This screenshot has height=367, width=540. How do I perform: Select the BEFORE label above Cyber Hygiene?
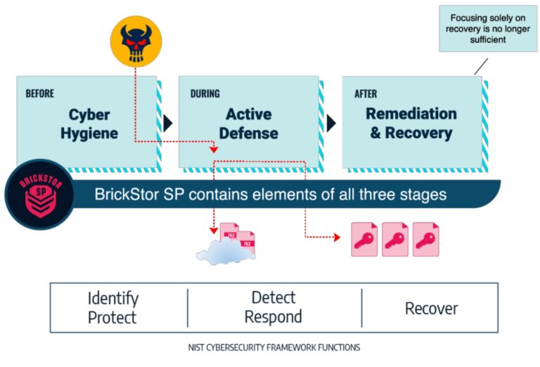pyautogui.click(x=40, y=93)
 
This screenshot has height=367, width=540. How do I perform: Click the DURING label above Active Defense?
pyautogui.click(x=205, y=93)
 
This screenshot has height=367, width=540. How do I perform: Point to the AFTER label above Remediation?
pyautogui.click(x=366, y=93)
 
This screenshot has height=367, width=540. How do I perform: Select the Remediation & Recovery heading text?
pyautogui.click(x=411, y=123)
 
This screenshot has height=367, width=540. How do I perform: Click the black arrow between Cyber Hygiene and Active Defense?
pyautogui.click(x=167, y=123)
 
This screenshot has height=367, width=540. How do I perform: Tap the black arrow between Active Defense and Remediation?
pyautogui.click(x=331, y=123)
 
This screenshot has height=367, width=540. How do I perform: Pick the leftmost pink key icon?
pyautogui.click(x=364, y=240)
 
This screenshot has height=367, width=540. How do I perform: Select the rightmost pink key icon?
pyautogui.click(x=426, y=240)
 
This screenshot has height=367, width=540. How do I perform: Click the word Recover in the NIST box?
pyautogui.click(x=431, y=308)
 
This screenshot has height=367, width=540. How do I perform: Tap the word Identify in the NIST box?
pyautogui.click(x=113, y=298)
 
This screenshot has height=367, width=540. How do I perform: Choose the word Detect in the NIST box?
pyautogui.click(x=273, y=297)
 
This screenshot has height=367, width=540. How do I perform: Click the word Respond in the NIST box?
pyautogui.click(x=273, y=318)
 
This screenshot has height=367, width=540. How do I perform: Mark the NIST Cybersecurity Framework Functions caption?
pyautogui.click(x=274, y=347)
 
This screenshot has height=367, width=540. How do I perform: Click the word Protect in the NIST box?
pyautogui.click(x=113, y=318)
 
